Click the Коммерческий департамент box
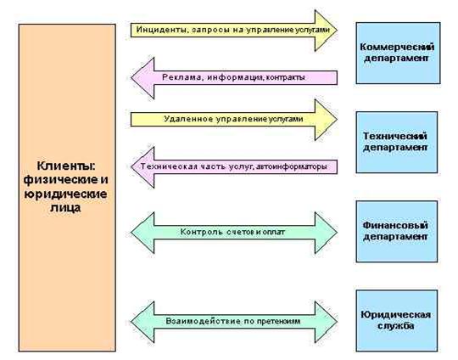(398, 53)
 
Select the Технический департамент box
(397, 142)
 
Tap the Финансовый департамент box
(397, 231)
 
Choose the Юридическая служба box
(397, 321)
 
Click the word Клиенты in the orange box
(66, 166)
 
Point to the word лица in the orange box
(65, 208)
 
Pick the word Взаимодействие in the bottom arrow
(204, 321)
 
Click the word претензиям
(279, 322)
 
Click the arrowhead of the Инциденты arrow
(326, 30)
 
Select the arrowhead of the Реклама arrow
(142, 78)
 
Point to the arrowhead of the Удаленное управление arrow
(326, 120)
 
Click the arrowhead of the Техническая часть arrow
(142, 167)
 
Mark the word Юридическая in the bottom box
(396, 315)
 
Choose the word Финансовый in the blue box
(395, 225)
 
